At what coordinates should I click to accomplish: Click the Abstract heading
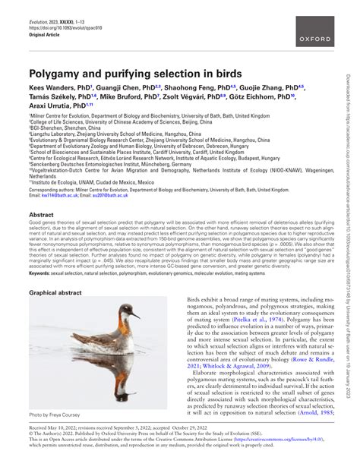41,215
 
